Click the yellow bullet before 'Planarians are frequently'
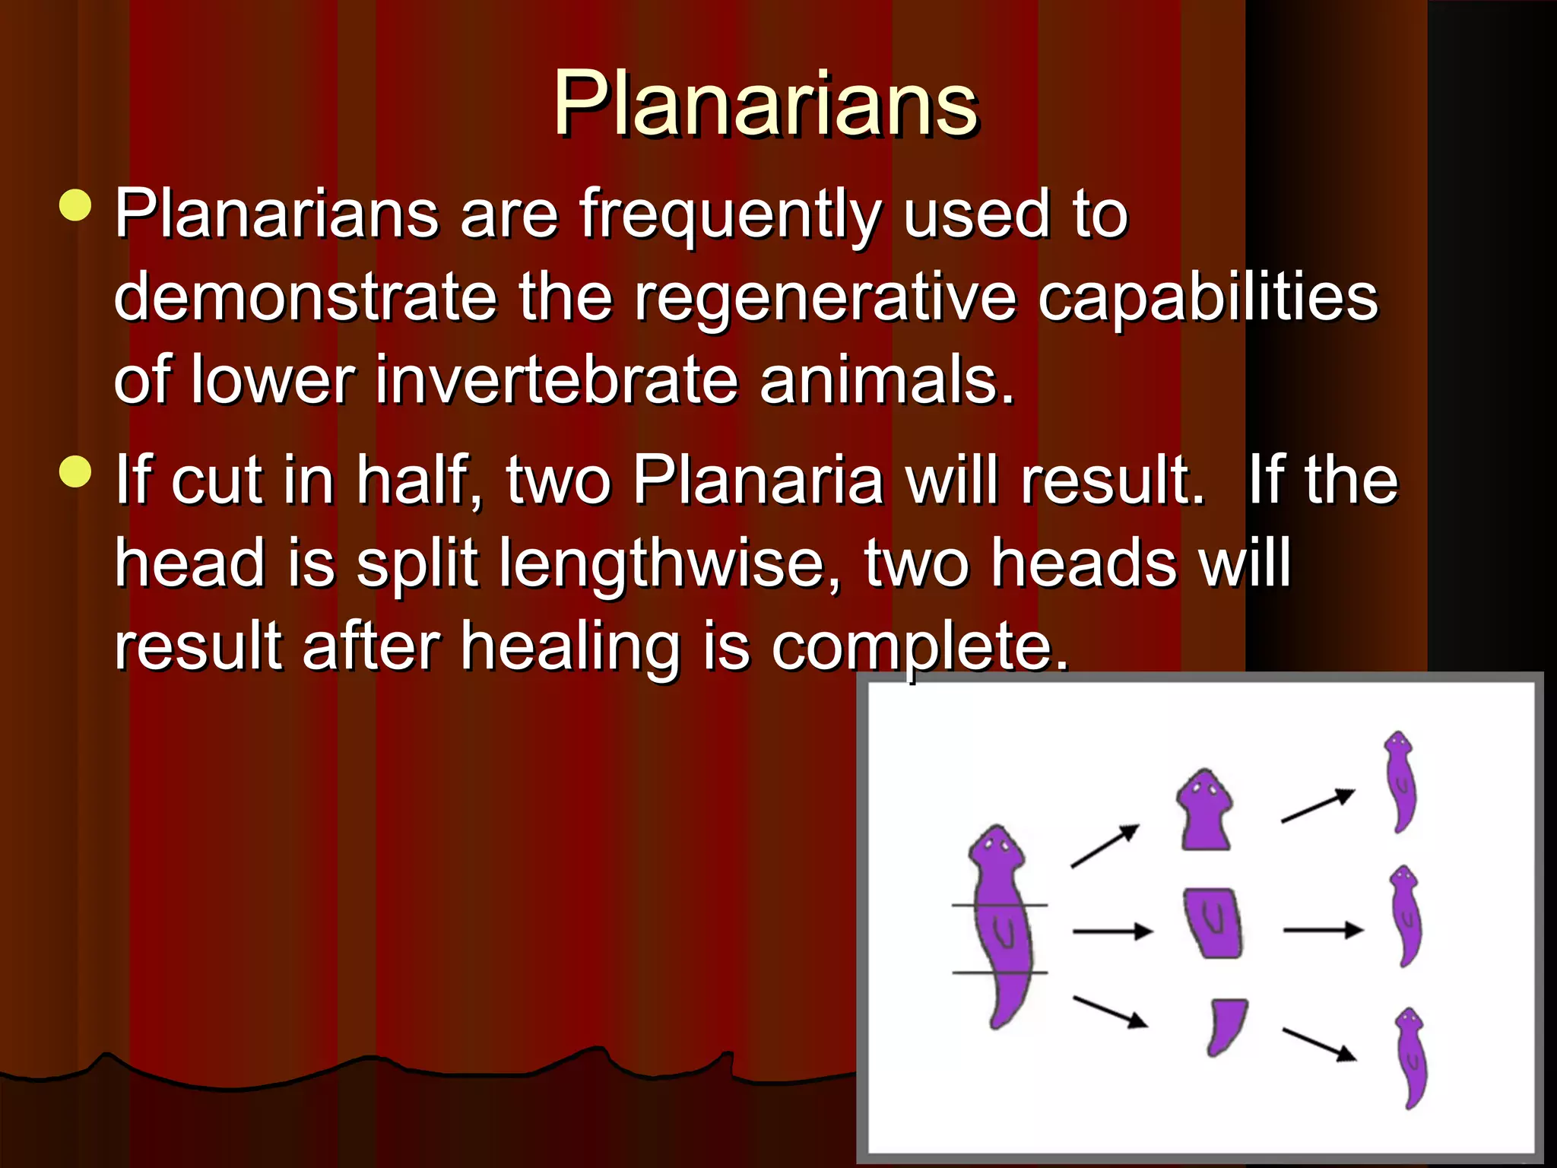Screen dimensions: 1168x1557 (75, 205)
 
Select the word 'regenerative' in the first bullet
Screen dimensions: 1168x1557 (825, 298)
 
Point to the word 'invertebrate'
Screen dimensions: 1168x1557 (557, 380)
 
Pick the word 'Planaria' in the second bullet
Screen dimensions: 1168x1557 (758, 481)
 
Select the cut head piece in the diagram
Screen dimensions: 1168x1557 (1205, 811)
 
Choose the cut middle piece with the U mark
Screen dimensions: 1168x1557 (1213, 922)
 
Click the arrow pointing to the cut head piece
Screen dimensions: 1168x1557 (1105, 846)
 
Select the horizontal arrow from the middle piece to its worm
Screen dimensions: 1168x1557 (1323, 930)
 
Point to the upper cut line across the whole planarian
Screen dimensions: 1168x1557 (1000, 905)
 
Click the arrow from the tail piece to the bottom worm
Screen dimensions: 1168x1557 (1319, 1044)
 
